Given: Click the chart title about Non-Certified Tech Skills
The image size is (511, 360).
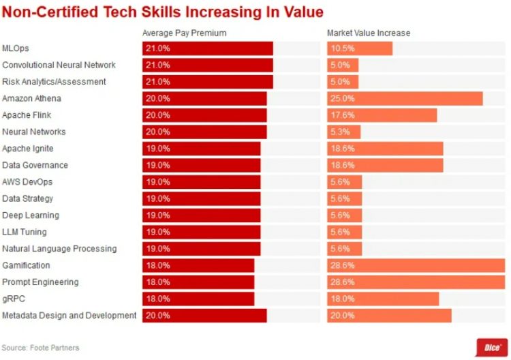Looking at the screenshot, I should pos(163,12).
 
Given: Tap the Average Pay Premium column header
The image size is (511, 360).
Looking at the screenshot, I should pos(184,33).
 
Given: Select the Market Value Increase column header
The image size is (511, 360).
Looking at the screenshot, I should pos(369,33).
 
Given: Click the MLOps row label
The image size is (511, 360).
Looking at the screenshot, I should pos(16,48).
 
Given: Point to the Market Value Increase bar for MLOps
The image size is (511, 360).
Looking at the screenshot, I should pos(360,48).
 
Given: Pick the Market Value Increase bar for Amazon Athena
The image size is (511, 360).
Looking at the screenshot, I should pos(405,98).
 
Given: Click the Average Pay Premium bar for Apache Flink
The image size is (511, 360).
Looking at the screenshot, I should pos(204,115).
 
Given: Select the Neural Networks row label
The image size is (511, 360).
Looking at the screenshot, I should pos(33,132).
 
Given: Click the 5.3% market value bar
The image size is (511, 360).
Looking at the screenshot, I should pos(343,132).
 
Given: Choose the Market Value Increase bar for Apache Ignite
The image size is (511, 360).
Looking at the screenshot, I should pos(385,149).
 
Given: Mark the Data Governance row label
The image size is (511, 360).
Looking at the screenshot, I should pos(35,165).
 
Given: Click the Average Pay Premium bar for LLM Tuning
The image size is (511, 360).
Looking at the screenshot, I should pos(201,232).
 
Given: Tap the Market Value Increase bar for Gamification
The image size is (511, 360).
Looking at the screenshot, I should pos(416,265).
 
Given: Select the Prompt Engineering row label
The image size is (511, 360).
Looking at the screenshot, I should pos(40,282).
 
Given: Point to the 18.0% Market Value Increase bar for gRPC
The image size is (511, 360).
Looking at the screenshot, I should pos(383,299).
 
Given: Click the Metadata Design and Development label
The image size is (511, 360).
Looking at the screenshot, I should pos(69,315).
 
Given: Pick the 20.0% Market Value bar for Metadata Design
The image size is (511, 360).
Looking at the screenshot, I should pos(389,315).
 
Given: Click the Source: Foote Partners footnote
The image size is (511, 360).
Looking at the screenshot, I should pos(40,348).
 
